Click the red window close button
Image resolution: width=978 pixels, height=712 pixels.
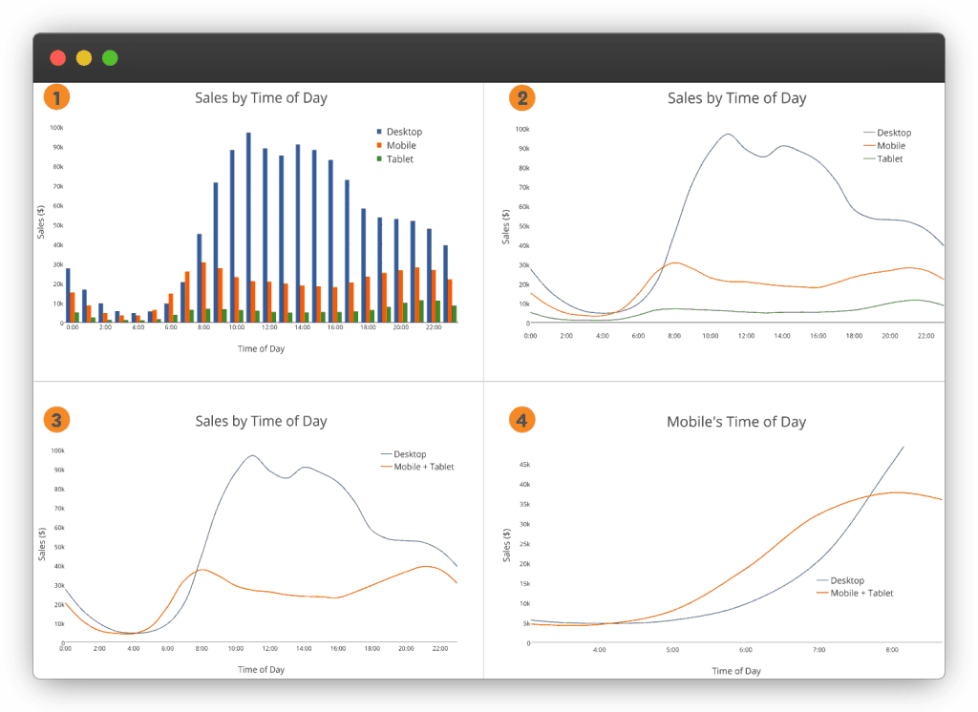point(57,57)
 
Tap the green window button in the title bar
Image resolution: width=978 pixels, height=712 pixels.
point(110,57)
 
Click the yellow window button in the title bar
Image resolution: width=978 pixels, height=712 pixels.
point(84,57)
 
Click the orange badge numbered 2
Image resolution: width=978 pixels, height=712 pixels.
point(522,97)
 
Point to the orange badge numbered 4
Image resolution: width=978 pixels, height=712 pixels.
point(522,419)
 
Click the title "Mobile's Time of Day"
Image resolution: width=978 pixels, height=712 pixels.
point(735,422)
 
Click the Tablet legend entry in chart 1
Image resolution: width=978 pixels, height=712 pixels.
point(399,159)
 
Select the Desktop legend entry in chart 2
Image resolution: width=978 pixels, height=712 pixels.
point(893,133)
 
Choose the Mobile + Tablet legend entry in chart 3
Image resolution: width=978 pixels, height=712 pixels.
point(423,467)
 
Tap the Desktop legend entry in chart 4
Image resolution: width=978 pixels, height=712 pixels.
point(846,580)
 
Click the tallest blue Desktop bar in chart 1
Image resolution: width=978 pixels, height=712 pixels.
point(248,227)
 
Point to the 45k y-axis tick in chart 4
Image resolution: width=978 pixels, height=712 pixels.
point(523,465)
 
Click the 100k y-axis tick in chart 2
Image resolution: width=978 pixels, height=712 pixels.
point(523,129)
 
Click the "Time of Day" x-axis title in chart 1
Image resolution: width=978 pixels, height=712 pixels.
point(261,348)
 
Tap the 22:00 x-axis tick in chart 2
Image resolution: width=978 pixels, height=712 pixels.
point(925,336)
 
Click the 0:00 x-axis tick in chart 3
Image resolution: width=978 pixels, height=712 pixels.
point(65,649)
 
